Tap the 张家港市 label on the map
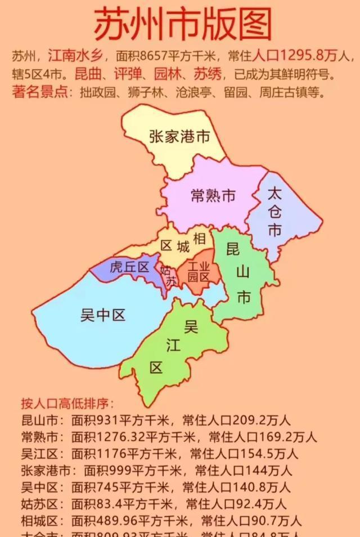click(179, 137)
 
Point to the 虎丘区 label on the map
click(129, 267)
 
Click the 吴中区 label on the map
click(103, 316)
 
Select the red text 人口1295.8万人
click(304, 56)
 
